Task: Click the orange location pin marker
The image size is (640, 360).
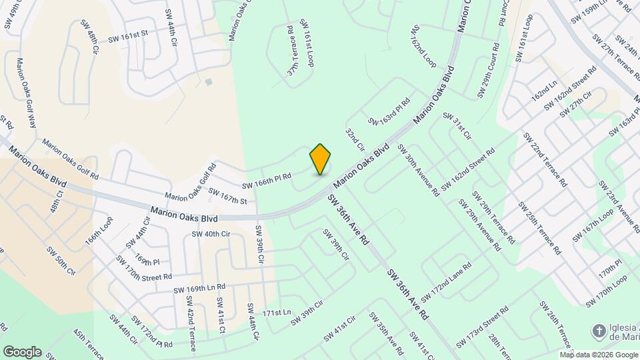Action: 320,159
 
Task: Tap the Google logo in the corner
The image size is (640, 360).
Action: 22,352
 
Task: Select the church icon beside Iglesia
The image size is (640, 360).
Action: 599,331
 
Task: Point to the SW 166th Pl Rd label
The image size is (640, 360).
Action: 267,181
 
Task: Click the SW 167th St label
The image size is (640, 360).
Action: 227,196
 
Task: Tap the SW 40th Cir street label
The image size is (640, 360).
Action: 211,234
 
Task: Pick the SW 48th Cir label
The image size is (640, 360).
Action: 90,37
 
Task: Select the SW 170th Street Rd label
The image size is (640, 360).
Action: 144,267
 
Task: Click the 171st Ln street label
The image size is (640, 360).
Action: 277,312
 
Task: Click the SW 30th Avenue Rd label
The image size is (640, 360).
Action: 418,170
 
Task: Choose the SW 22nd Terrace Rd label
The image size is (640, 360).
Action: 545,159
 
